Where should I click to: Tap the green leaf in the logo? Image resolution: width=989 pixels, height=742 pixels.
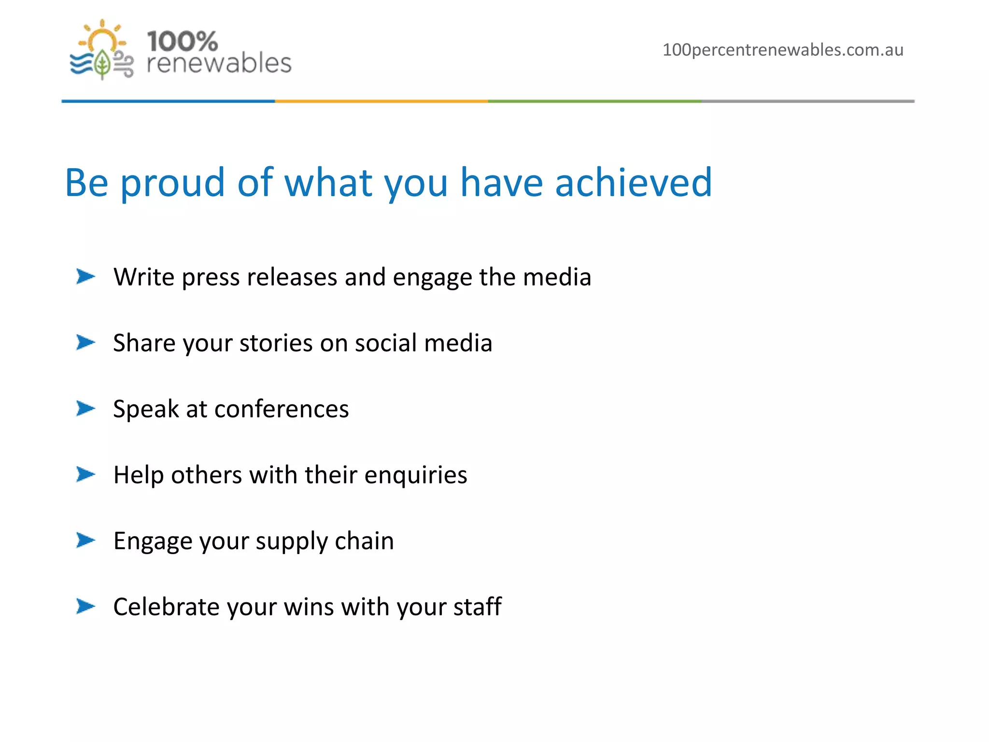point(102,64)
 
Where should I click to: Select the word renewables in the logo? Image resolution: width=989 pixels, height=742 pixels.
point(219,64)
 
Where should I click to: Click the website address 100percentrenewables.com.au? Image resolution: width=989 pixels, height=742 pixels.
point(782,50)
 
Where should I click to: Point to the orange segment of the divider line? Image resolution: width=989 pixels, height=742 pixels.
point(381,101)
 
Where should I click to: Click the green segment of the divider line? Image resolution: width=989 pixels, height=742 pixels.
point(594,101)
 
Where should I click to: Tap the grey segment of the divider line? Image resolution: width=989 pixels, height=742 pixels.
point(807,101)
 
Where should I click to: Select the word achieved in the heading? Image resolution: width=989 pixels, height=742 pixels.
point(633,183)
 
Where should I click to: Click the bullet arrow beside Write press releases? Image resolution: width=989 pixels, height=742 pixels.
point(85,277)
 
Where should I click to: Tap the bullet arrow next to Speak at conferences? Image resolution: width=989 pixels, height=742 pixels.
point(85,409)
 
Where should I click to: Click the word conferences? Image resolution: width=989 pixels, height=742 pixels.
point(282,409)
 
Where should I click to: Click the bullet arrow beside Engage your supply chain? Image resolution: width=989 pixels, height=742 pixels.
point(85,540)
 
